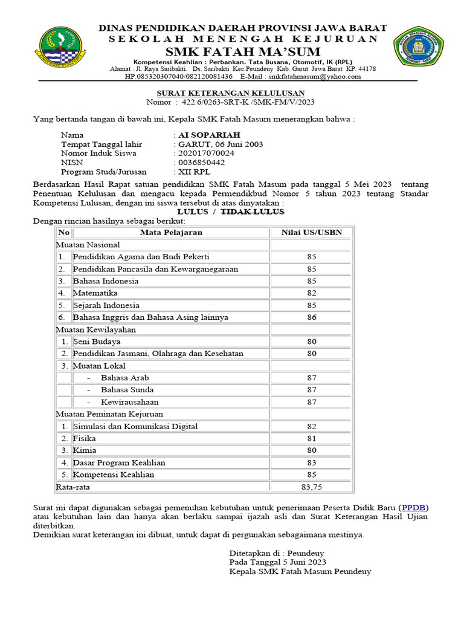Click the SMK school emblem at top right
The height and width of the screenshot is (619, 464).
tap(414, 48)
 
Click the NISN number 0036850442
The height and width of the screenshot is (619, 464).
tap(201, 163)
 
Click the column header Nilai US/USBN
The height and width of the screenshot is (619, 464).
tap(311, 233)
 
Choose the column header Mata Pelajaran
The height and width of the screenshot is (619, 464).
tap(171, 233)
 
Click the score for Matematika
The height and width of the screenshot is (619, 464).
tap(311, 293)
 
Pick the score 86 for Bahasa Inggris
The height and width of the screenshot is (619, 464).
tap(311, 317)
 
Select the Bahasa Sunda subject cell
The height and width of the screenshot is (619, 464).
tap(127, 390)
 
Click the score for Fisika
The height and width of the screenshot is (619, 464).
tap(311, 438)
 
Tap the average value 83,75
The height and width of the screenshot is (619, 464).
tap(312, 487)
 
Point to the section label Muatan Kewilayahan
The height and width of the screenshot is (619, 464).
tap(95, 329)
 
